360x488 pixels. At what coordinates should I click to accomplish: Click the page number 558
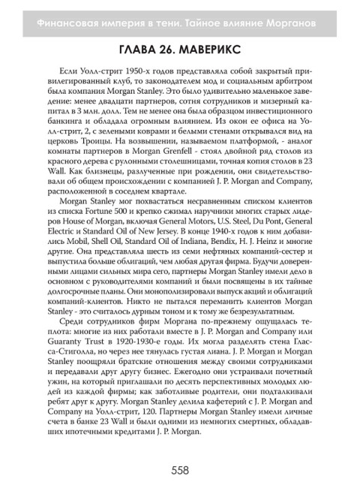[180, 470]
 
